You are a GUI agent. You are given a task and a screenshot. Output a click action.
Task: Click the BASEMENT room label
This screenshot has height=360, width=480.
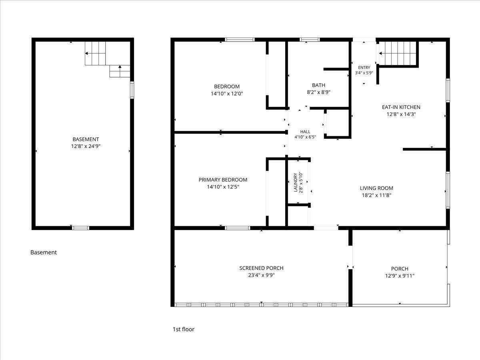tap(86, 139)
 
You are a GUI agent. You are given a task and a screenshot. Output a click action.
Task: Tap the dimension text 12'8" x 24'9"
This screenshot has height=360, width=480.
tap(86, 146)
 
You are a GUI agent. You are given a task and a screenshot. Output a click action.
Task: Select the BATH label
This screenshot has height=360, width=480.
tap(319, 85)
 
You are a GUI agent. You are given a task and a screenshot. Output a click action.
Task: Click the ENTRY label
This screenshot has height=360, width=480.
tap(364, 68)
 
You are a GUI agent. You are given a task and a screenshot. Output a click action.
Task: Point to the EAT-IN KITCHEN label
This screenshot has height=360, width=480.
tap(401, 107)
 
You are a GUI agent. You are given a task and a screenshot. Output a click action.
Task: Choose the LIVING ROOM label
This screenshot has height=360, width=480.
tap(376, 188)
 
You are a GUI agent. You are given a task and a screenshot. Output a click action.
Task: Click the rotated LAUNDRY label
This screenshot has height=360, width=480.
tap(296, 182)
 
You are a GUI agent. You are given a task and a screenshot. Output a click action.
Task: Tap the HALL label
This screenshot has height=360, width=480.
tap(305, 132)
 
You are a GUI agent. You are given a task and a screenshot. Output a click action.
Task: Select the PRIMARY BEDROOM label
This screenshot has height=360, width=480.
tap(223, 180)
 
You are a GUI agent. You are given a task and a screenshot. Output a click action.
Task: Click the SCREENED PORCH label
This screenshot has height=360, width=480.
tap(261, 268)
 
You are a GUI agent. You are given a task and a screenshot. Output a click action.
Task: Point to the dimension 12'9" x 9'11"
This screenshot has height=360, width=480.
tap(400, 276)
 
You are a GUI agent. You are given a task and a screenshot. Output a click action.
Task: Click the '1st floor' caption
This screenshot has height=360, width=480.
tap(184, 329)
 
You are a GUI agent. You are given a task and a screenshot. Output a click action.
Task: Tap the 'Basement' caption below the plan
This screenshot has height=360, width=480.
tap(44, 252)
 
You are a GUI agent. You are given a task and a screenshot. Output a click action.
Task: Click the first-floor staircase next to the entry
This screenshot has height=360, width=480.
tap(398, 53)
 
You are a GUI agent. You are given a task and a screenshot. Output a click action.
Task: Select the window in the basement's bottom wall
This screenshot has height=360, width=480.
tap(81, 228)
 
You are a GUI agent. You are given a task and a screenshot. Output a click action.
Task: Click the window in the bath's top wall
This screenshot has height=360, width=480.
tap(310, 40)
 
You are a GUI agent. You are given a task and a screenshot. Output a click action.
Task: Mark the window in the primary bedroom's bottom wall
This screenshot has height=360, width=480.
tap(238, 228)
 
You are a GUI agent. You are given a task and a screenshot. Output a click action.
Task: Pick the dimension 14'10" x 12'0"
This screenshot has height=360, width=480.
tap(227, 94)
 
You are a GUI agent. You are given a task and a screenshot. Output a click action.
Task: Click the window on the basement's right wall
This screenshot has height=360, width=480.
tap(132, 90)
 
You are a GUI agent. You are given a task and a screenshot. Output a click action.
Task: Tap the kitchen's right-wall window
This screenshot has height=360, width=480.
tap(448, 90)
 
